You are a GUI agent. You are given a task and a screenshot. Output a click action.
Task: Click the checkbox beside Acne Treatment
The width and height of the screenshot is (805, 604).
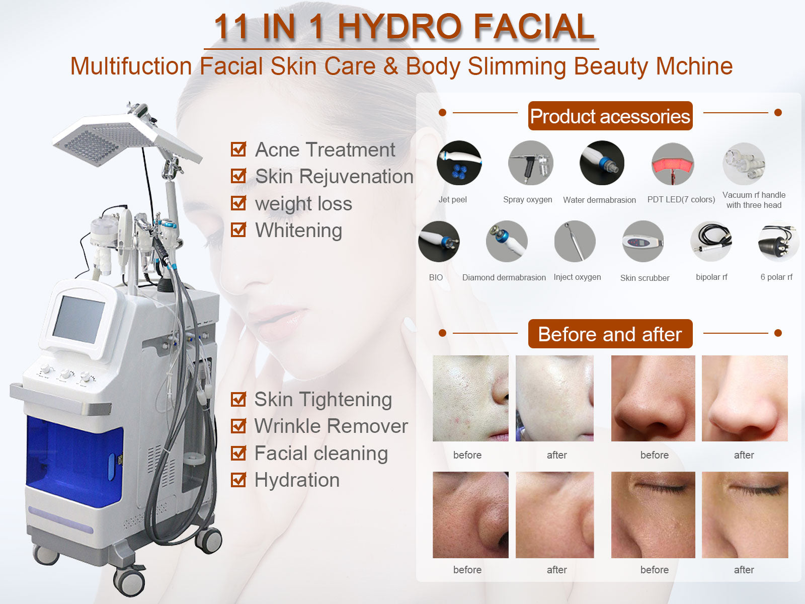238,149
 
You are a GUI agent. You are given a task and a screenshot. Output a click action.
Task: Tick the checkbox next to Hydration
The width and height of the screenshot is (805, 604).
238,480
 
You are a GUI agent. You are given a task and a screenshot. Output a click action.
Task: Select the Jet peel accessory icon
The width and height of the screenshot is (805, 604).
459,163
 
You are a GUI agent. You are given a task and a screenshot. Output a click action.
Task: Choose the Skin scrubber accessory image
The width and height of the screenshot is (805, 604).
643,242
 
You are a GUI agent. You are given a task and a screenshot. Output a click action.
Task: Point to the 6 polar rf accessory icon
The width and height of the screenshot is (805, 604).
778,242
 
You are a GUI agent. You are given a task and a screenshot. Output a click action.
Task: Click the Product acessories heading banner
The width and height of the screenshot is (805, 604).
610,116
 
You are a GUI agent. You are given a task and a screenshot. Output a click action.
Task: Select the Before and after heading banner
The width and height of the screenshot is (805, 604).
610,334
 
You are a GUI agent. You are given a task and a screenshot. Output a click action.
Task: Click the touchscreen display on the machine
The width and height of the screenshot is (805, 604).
78,319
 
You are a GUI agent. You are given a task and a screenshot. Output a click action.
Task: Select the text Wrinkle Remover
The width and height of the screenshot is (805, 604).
331,426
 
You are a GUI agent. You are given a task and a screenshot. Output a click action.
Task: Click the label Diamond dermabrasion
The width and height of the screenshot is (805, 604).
504,277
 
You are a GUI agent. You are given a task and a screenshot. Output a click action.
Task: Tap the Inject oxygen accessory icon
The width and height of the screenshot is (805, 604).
575,242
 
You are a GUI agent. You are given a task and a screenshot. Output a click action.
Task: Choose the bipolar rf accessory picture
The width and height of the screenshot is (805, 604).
711,242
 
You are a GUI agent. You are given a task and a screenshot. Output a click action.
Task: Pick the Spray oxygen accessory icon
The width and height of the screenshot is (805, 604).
530,163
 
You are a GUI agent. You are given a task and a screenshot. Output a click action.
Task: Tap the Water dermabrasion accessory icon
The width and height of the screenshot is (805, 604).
602,163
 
